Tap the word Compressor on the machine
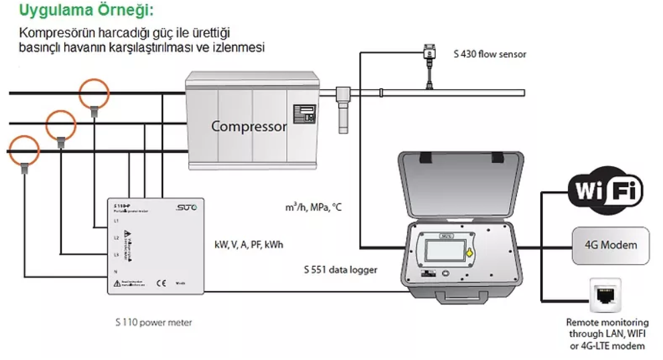tap(249, 126)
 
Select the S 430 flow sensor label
tap(489, 54)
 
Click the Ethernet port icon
tap(605, 294)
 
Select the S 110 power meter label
tap(154, 322)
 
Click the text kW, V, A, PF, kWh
tap(249, 245)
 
